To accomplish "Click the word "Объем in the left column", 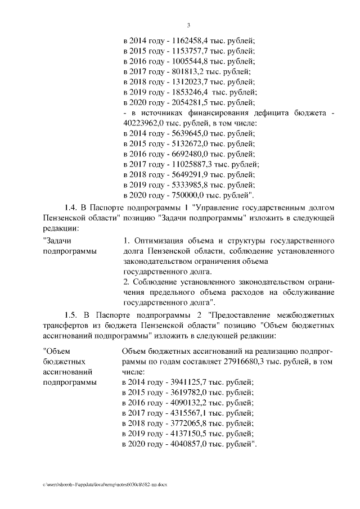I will [x=57, y=351].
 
